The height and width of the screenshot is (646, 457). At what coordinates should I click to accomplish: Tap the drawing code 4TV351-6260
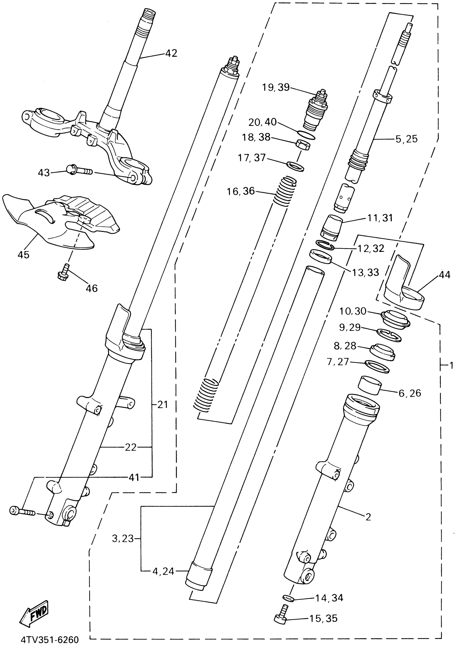coord(49,640)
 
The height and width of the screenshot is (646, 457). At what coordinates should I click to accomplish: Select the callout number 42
coord(171,53)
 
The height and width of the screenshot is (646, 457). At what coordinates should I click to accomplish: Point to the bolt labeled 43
coord(79,170)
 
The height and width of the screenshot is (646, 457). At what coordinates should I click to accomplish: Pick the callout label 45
coord(23,254)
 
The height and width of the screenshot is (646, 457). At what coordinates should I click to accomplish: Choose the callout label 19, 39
coord(276,87)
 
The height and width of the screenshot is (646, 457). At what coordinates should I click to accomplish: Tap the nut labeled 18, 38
coord(303,145)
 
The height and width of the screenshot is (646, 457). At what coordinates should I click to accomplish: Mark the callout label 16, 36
coord(241,191)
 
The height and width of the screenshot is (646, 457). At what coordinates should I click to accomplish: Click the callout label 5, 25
coord(406,139)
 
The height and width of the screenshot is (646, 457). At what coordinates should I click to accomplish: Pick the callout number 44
coord(444,274)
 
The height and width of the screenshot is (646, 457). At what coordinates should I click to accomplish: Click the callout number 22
coord(131,447)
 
